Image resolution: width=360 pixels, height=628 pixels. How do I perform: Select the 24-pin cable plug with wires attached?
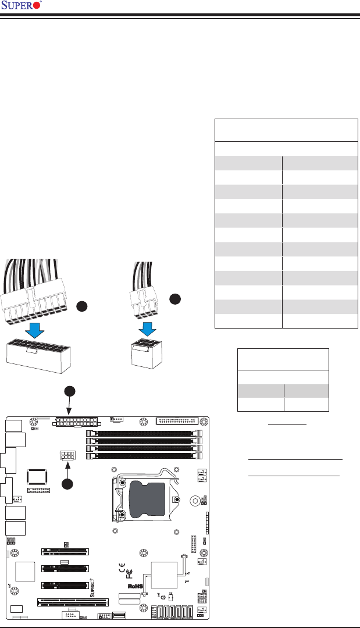pos(36,291)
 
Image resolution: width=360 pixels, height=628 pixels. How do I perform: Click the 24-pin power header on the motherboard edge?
pos(75,420)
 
